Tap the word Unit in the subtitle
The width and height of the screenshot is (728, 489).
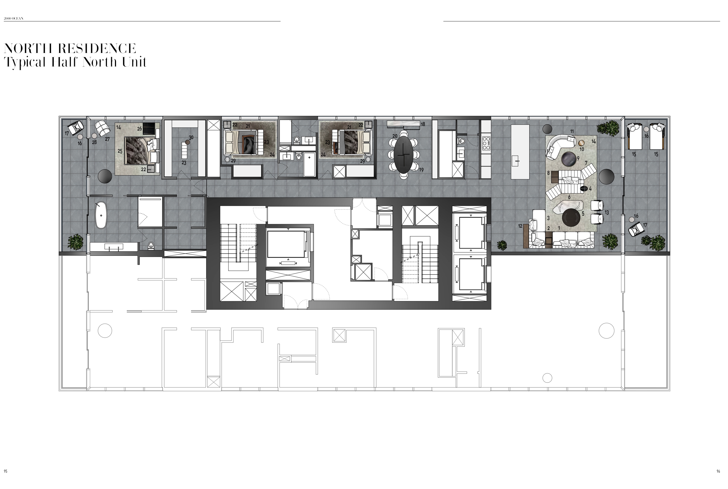tap(134, 62)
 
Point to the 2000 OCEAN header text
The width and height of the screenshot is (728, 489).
tap(14, 18)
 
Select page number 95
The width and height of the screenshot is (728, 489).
tap(6, 471)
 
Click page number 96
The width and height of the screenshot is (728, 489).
tap(718, 471)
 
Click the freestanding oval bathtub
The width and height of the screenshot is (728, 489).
tap(101, 215)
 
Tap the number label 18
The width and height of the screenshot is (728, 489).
tap(423, 124)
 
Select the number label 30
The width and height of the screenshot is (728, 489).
tap(191, 137)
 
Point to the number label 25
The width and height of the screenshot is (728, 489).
tap(120, 151)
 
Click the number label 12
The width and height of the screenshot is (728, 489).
tap(520, 226)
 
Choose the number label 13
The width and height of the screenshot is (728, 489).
tap(606, 213)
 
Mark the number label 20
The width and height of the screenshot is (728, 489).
tap(395, 136)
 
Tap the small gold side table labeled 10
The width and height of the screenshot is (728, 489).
tap(581, 143)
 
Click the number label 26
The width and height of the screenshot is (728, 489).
tap(139, 129)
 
